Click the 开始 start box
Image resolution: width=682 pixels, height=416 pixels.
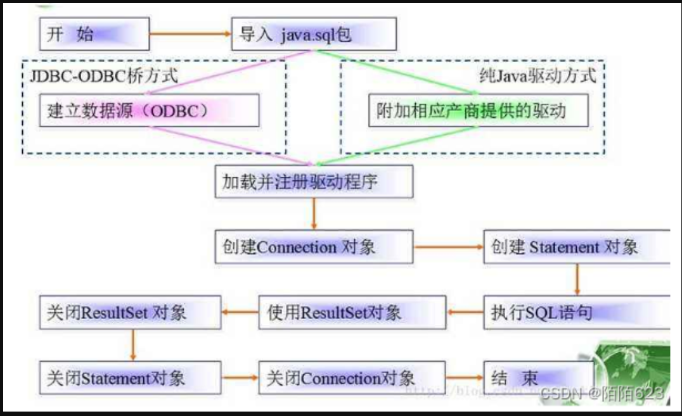(94, 34)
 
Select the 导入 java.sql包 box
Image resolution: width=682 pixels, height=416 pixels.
(314, 34)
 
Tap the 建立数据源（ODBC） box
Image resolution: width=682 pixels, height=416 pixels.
(149, 111)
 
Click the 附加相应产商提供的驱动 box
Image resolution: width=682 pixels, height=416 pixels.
(478, 111)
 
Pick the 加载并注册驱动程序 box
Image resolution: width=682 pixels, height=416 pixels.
(314, 182)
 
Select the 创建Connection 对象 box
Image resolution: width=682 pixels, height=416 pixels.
(314, 247)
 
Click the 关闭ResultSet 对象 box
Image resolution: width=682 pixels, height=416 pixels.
(130, 312)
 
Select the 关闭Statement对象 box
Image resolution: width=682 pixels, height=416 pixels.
(130, 378)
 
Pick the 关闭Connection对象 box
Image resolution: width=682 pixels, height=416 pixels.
(352, 378)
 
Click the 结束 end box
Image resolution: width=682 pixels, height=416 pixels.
(539, 378)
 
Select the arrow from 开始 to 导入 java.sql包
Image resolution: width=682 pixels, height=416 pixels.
(189, 34)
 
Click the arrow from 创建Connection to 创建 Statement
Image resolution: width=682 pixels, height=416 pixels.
(448, 247)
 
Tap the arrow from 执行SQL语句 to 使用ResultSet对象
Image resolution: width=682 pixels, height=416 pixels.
(465, 312)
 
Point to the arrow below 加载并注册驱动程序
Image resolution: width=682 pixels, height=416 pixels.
(314, 213)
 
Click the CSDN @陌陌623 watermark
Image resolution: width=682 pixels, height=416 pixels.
(602, 393)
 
